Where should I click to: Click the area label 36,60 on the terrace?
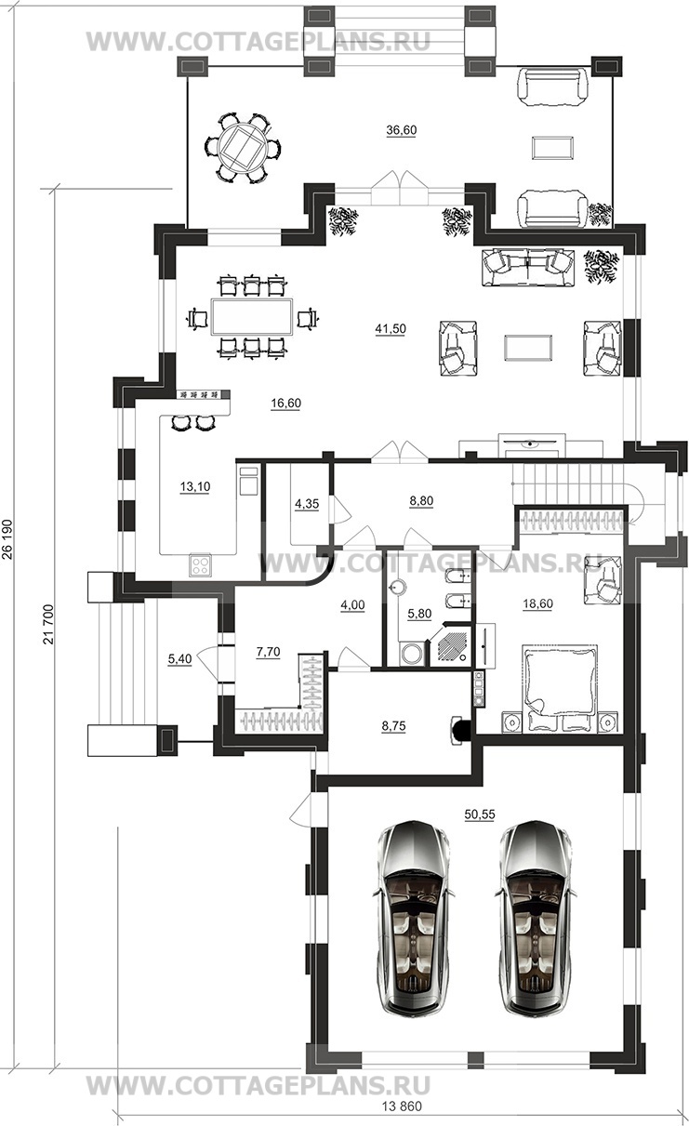click(401, 130)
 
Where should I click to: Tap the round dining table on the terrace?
click(244, 148)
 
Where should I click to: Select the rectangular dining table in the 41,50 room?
click(252, 317)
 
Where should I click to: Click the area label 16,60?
click(286, 404)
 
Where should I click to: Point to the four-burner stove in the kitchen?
click(201, 564)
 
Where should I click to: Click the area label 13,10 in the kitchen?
click(195, 486)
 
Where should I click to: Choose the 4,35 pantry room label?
click(307, 504)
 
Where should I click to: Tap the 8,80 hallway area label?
click(421, 500)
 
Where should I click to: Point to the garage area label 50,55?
click(480, 815)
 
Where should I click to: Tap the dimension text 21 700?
click(48, 623)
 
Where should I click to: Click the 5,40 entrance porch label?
click(179, 658)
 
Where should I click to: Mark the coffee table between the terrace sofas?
click(552, 148)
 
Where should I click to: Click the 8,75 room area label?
click(393, 726)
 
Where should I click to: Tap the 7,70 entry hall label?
click(268, 652)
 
